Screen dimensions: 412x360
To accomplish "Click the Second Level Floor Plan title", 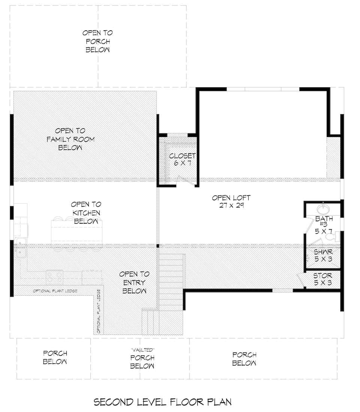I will click(x=162, y=402).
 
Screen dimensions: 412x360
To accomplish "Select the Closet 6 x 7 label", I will click(x=182, y=159).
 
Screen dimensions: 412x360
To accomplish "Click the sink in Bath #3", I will click(x=323, y=209).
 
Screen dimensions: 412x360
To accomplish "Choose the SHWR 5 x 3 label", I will click(x=323, y=255).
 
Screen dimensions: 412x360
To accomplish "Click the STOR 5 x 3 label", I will click(x=322, y=279).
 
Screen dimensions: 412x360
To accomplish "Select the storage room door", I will click(x=300, y=279).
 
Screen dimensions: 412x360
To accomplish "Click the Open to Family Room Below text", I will click(x=70, y=139).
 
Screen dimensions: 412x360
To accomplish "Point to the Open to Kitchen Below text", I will click(x=86, y=213).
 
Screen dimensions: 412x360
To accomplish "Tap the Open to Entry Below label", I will click(x=134, y=282).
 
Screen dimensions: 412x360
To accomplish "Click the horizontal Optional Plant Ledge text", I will click(x=55, y=291).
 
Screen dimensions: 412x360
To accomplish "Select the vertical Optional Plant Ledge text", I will click(x=99, y=311).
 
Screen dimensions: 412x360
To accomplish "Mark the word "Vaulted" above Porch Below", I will click(x=142, y=349).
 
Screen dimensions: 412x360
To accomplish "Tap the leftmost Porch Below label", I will click(x=55, y=357).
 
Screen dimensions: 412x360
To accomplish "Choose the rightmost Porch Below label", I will click(x=244, y=359).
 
